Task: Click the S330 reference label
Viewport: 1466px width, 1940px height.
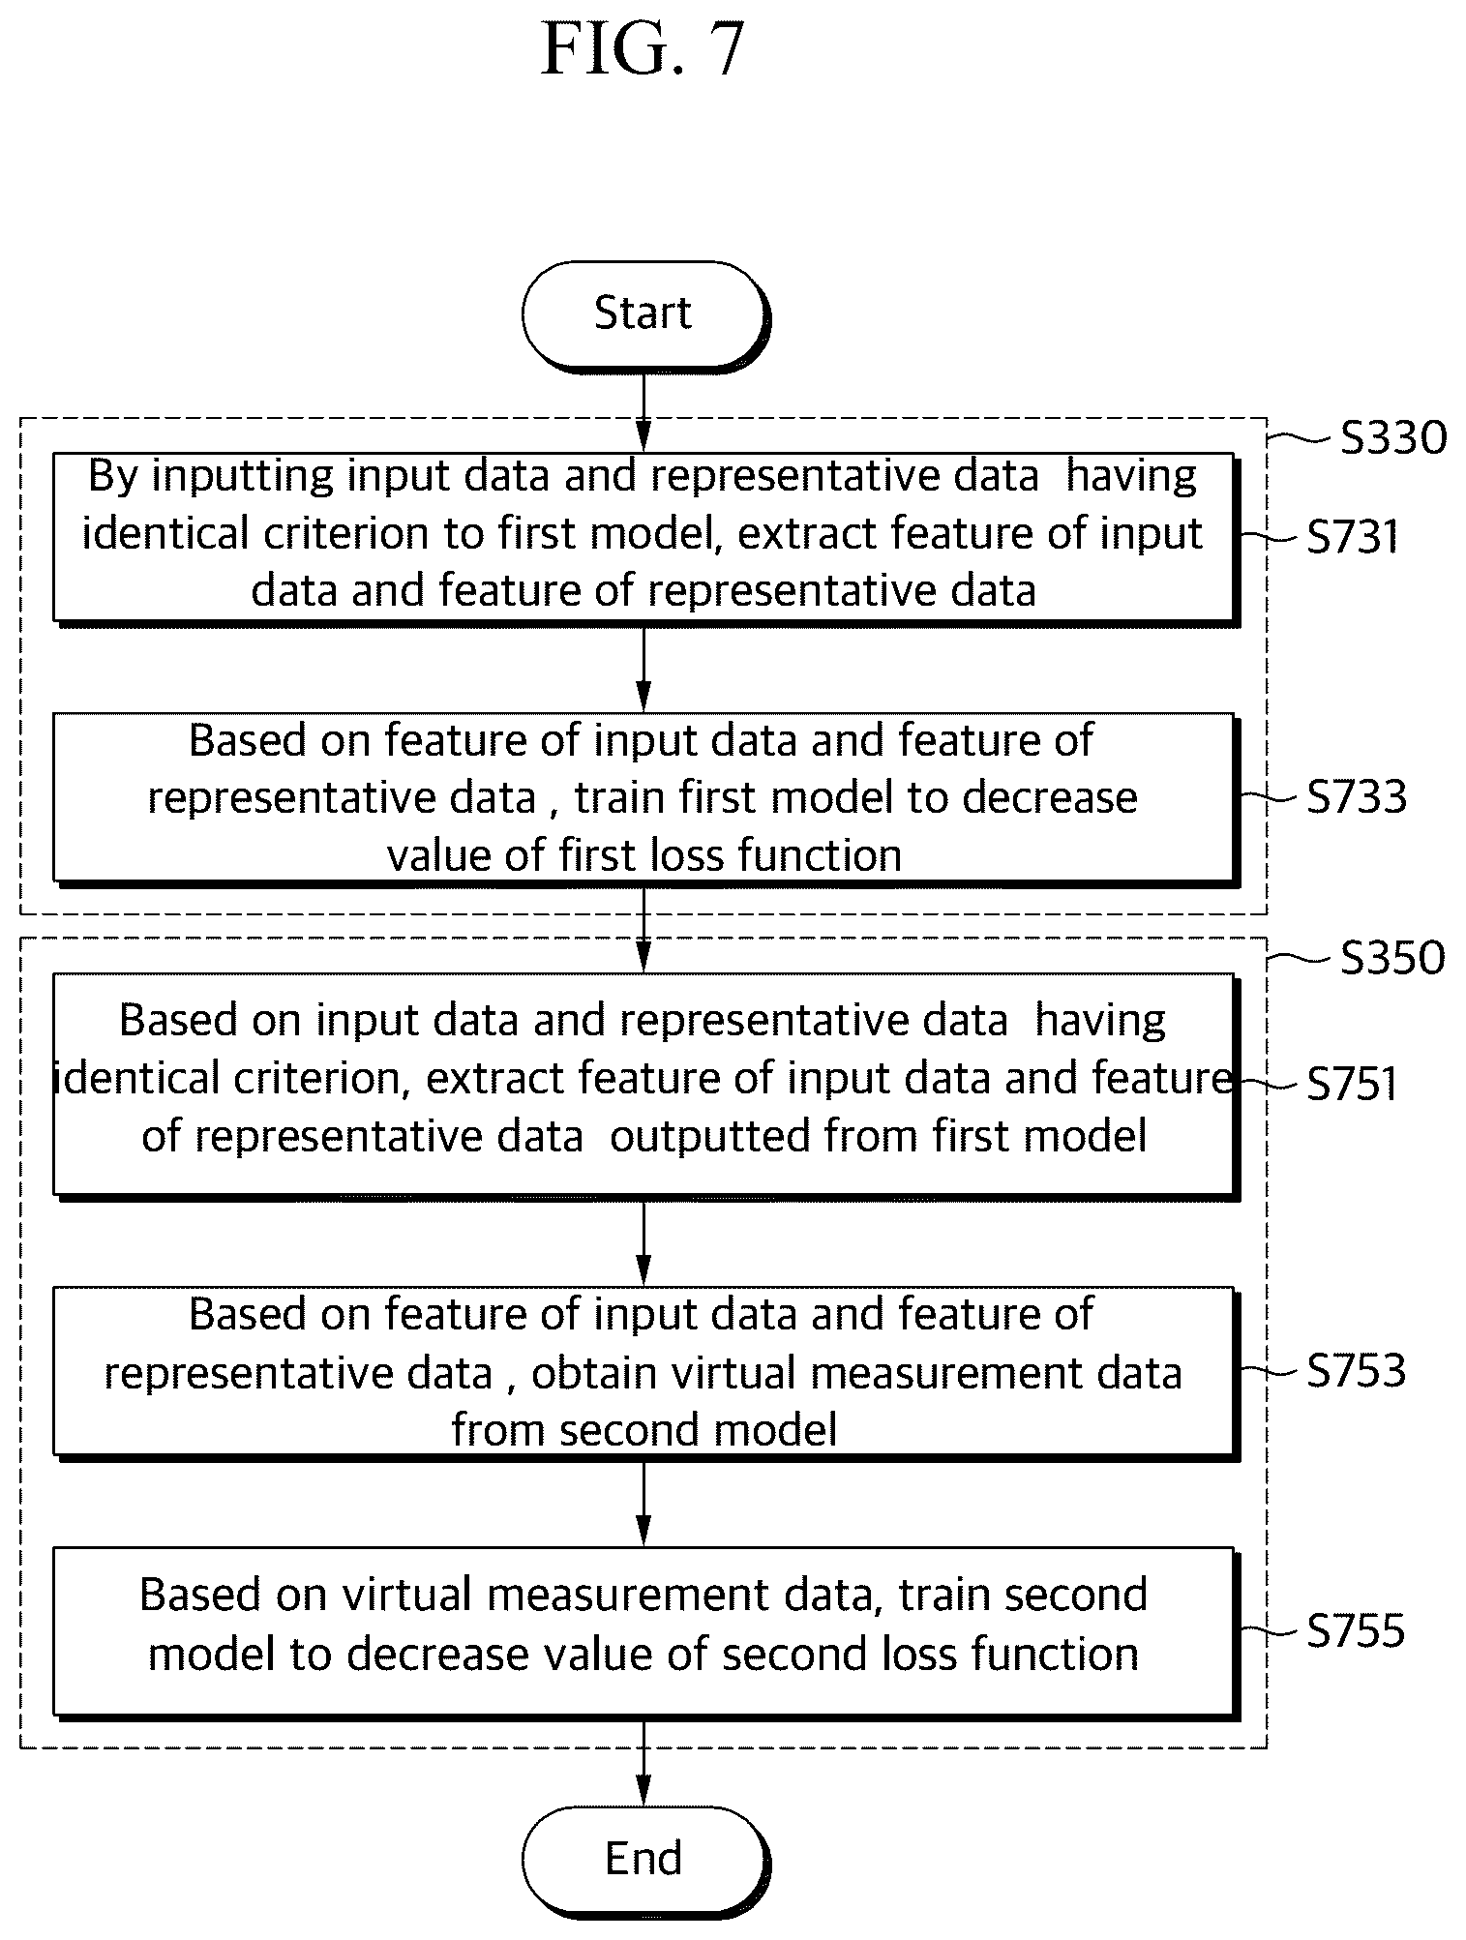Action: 1393,438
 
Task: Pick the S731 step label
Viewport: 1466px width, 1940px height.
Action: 1353,537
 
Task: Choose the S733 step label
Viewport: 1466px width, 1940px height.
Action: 1356,797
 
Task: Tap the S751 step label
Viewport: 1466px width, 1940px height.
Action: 1353,1084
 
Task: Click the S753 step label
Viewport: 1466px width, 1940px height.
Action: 1356,1371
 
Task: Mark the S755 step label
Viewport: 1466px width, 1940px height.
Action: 1356,1631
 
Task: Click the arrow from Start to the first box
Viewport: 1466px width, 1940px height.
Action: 643,411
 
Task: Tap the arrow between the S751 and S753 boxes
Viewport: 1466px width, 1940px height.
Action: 643,1242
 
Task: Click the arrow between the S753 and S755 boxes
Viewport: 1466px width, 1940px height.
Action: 643,1503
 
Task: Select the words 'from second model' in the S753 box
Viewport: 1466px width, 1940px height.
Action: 644,1430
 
